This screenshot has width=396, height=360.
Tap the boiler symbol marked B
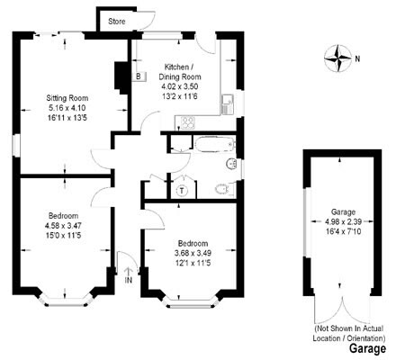click(x=136, y=76)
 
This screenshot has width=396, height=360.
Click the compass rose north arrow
click(x=339, y=58)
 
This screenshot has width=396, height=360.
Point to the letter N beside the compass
click(x=357, y=59)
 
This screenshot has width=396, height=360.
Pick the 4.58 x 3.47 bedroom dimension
click(x=64, y=226)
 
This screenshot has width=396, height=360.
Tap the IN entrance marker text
click(x=128, y=280)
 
